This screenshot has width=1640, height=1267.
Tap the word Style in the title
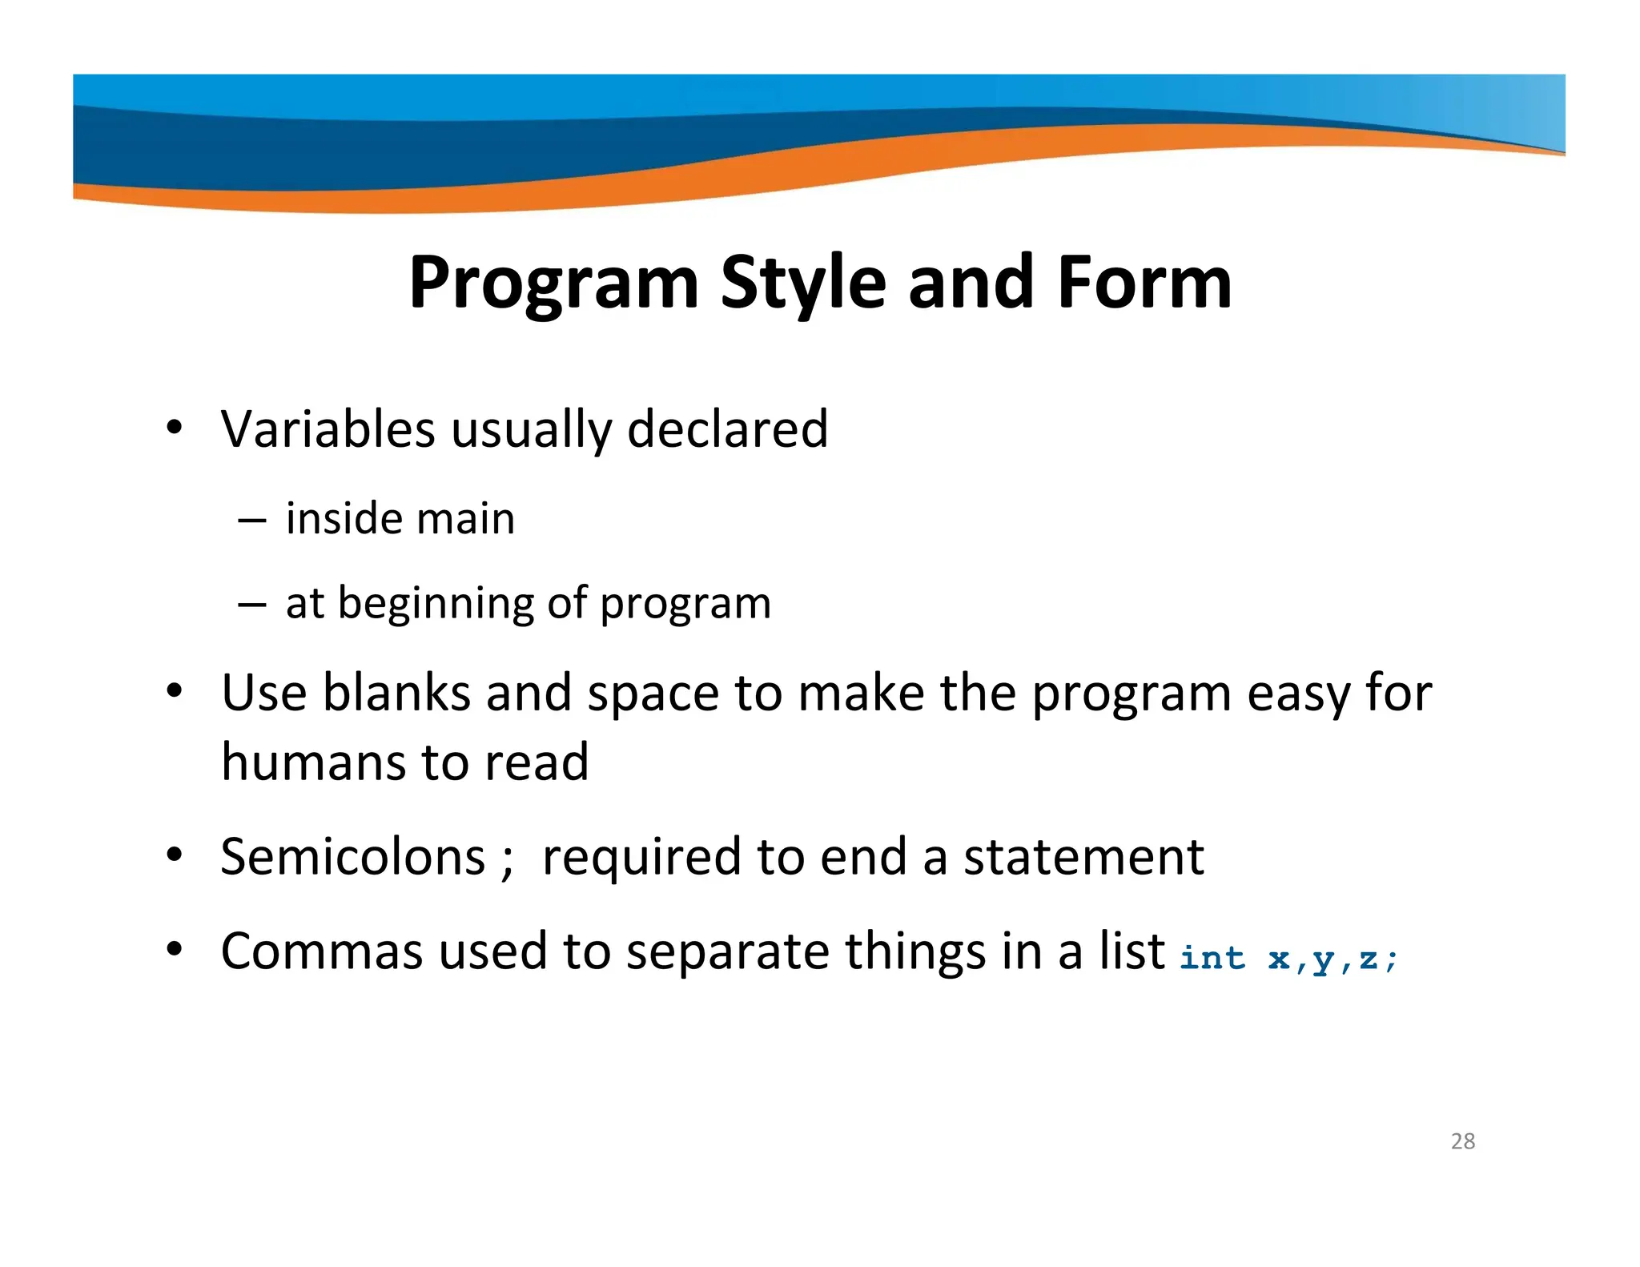coord(803,284)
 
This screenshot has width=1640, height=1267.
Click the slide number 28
coord(1462,1141)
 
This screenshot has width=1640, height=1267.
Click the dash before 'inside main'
coord(251,520)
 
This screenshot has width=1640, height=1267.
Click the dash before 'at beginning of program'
coord(251,605)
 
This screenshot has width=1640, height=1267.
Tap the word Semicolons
coord(352,857)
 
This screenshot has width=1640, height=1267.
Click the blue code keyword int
coord(1212,958)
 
